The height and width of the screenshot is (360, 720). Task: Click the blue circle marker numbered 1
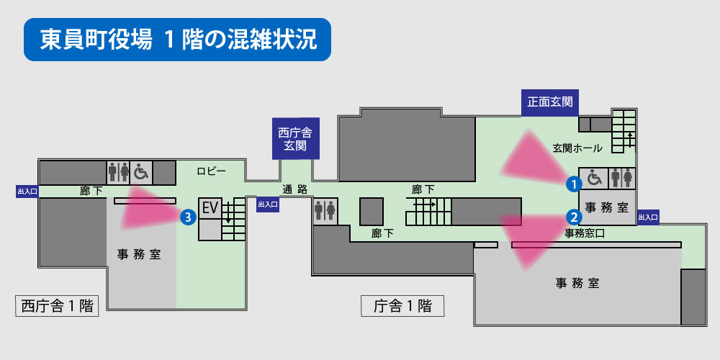pyautogui.click(x=573, y=183)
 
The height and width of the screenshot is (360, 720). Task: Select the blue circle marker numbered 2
pyautogui.click(x=573, y=215)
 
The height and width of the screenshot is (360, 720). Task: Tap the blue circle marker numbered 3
pyautogui.click(x=187, y=215)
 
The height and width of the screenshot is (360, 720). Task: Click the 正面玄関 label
pyautogui.click(x=550, y=103)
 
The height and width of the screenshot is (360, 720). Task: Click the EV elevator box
pyautogui.click(x=210, y=208)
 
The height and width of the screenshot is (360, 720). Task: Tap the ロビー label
pyautogui.click(x=212, y=171)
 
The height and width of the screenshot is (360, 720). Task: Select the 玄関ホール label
pyautogui.click(x=577, y=148)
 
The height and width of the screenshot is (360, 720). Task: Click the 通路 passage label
pyautogui.click(x=294, y=189)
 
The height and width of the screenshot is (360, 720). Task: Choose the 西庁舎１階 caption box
pyautogui.click(x=58, y=306)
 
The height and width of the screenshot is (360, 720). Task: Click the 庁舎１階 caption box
pyautogui.click(x=402, y=306)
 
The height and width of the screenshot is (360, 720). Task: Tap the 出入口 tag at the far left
pyautogui.click(x=27, y=192)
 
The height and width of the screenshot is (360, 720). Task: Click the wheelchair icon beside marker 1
pyautogui.click(x=595, y=177)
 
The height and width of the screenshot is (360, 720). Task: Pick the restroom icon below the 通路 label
pyautogui.click(x=325, y=210)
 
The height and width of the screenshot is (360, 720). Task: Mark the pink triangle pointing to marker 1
pyautogui.click(x=533, y=159)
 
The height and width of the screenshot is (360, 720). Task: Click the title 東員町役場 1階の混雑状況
pyautogui.click(x=177, y=40)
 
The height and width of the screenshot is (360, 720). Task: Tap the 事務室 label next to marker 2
pyautogui.click(x=606, y=208)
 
